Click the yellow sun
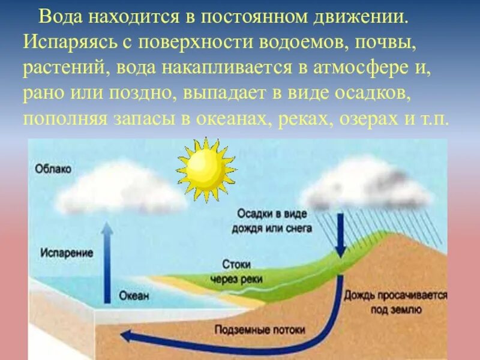point(206,169)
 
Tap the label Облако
point(53,169)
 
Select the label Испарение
point(67,253)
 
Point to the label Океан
point(133,296)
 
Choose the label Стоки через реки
point(231,271)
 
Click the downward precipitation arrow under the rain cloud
point(340,234)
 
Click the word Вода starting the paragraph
point(59,17)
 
